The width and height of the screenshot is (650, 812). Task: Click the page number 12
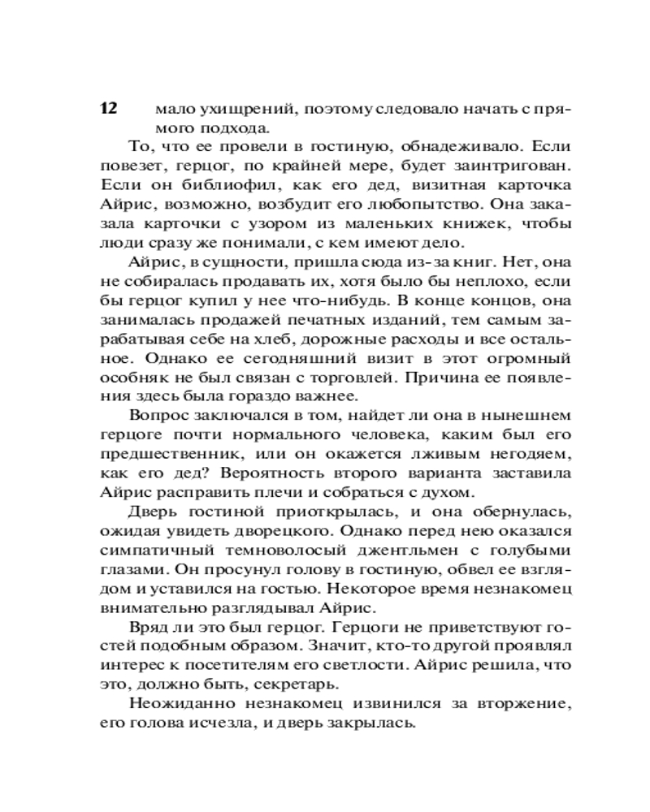pyautogui.click(x=110, y=109)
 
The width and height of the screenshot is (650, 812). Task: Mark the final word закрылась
pyautogui.click(x=376, y=724)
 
